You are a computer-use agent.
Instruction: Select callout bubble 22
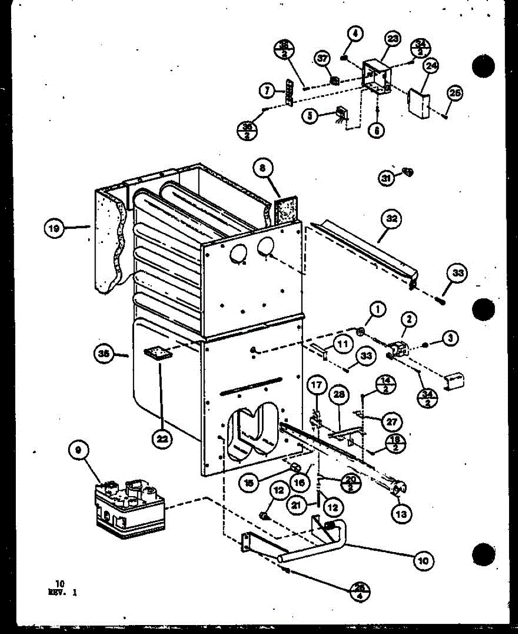(163, 438)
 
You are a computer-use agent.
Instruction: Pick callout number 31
(387, 179)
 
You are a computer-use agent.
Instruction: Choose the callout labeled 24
(431, 67)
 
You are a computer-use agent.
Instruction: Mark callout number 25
(455, 93)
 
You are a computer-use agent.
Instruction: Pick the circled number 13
(403, 511)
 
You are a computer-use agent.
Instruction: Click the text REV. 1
(62, 592)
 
